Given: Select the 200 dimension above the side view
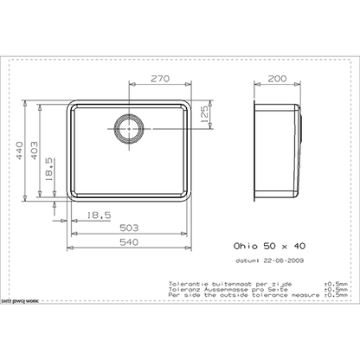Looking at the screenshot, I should pyautogui.click(x=277, y=77).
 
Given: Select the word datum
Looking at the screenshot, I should pyautogui.click(x=248, y=260).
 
